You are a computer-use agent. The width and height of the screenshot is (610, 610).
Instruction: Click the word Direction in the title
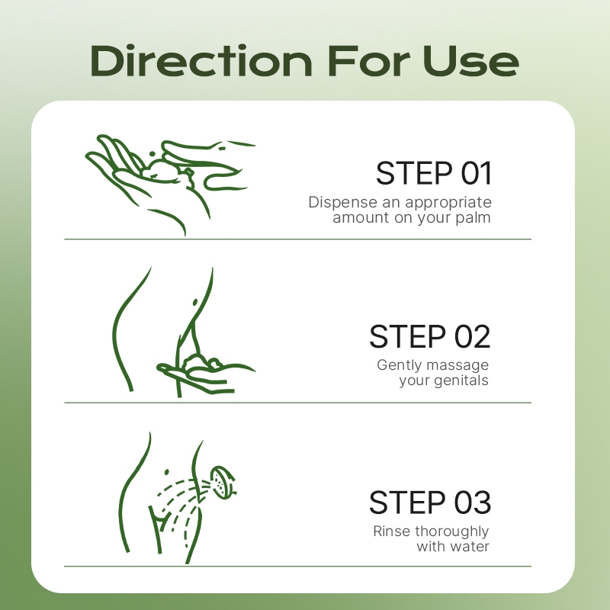(x=201, y=61)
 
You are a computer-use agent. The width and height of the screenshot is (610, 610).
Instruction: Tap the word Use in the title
(x=470, y=61)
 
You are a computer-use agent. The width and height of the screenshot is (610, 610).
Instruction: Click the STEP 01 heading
(x=434, y=173)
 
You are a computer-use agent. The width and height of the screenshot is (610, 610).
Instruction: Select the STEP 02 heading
(x=430, y=336)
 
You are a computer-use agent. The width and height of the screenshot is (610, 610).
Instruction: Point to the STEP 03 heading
(x=430, y=502)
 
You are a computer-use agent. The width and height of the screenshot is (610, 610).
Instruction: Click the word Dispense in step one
(x=342, y=203)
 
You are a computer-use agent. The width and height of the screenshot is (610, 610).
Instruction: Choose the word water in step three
(x=468, y=547)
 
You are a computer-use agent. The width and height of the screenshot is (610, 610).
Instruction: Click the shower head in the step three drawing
(x=222, y=483)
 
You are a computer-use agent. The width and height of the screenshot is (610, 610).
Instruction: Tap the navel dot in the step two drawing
(x=195, y=302)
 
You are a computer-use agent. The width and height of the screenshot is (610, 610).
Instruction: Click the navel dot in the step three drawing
(x=167, y=472)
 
